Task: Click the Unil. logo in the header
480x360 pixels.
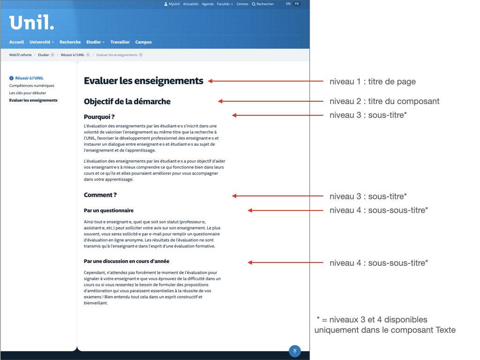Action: coord(31,22)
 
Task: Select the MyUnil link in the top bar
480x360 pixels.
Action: coord(172,4)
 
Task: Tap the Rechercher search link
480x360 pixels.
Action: coord(263,4)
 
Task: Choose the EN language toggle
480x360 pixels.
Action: coord(288,4)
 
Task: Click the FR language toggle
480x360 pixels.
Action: coord(297,4)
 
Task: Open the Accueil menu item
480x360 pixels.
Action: coord(16,42)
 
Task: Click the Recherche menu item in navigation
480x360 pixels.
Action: coord(70,42)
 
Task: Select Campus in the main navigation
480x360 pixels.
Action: coord(143,42)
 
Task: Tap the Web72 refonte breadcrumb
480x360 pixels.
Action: coord(21,55)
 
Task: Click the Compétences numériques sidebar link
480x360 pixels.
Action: coord(32,86)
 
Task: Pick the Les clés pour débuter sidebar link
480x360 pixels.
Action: coord(28,93)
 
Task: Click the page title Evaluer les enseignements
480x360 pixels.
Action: coord(143,81)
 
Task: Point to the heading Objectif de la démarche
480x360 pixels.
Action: coord(127,101)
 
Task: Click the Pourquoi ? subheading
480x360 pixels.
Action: coord(99,117)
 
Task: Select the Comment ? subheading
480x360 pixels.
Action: coord(100,195)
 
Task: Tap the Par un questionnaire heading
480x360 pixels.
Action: coord(109,210)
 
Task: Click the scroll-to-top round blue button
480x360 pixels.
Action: coord(294,351)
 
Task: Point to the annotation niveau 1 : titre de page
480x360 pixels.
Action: coord(372,82)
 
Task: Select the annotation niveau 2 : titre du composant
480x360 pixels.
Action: coord(384,101)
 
